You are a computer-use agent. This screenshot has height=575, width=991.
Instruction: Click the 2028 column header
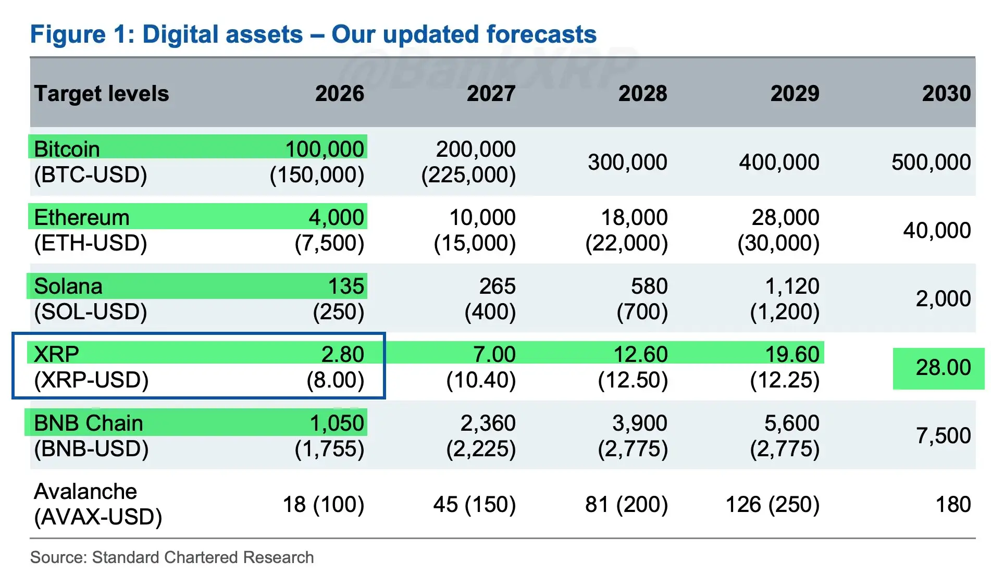click(x=642, y=94)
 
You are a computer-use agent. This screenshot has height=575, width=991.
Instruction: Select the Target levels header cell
click(x=102, y=94)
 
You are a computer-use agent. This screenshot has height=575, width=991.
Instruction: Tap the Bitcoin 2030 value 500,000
click(x=931, y=162)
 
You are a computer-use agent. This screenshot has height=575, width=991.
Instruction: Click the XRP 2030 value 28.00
click(x=943, y=368)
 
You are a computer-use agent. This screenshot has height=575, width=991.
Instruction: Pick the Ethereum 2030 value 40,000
click(x=936, y=230)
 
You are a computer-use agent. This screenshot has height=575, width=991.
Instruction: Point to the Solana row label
click(x=68, y=286)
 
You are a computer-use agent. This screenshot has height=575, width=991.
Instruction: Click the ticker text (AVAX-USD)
click(x=98, y=517)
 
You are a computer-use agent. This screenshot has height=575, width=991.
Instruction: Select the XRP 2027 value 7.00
click(x=494, y=354)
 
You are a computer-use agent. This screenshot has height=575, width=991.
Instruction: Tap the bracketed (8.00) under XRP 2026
click(x=335, y=380)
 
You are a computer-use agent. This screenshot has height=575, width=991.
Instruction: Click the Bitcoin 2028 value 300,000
click(x=627, y=162)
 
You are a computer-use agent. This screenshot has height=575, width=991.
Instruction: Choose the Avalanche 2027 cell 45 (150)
click(x=474, y=504)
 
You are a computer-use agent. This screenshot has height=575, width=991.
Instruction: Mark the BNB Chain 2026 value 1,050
click(x=337, y=423)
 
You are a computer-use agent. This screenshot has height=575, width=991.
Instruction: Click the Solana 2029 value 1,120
click(x=792, y=286)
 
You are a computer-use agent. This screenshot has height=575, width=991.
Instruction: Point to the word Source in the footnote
click(x=58, y=557)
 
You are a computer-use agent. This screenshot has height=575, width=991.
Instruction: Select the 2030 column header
click(x=946, y=94)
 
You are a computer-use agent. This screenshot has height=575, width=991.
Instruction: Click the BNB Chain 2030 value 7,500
click(x=943, y=435)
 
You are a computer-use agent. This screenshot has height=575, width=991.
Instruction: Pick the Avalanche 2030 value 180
click(x=953, y=504)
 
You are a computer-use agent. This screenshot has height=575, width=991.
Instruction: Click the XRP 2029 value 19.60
click(x=792, y=354)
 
